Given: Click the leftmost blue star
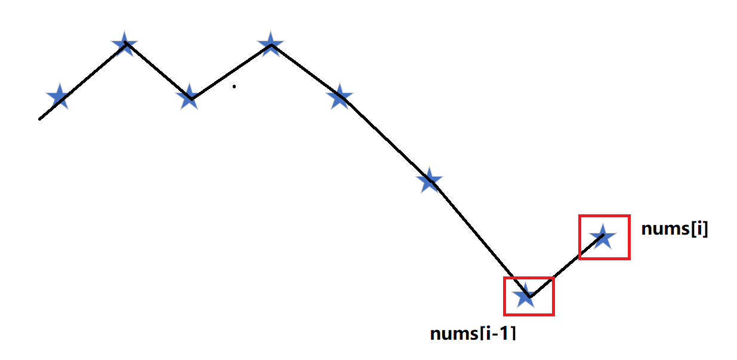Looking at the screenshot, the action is click(x=58, y=96).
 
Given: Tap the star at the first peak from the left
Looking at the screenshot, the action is click(x=125, y=44).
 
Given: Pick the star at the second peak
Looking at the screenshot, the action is click(x=270, y=44).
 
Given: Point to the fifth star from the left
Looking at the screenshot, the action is click(x=340, y=96).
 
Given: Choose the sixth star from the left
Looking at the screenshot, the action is click(x=429, y=180).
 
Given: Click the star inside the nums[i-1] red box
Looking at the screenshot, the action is click(x=525, y=295).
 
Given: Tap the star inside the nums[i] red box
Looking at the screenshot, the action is click(x=602, y=236).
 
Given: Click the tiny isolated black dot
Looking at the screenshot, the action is click(x=234, y=87).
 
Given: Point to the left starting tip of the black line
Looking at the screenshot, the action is click(x=40, y=119).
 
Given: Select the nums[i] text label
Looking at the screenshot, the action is click(x=674, y=229).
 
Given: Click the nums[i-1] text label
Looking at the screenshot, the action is click(x=473, y=333).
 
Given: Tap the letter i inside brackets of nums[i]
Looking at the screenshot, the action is click(x=697, y=229).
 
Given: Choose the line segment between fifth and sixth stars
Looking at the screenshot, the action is click(x=385, y=139).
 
